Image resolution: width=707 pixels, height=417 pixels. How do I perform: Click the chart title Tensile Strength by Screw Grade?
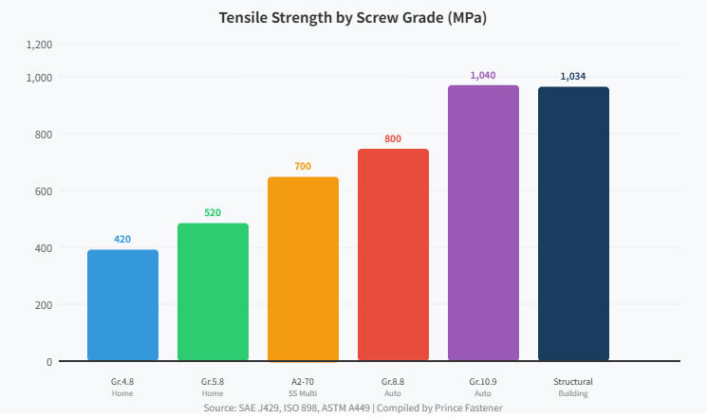click(x=353, y=18)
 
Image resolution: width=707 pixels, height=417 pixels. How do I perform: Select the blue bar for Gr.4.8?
click(x=122, y=305)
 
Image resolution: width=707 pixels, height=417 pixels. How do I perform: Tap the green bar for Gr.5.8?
click(x=213, y=292)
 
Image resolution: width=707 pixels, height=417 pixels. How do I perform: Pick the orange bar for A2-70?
click(x=303, y=269)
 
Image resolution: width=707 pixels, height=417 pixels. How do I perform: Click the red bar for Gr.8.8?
click(x=393, y=255)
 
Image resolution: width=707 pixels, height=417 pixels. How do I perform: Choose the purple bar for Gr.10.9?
click(x=483, y=223)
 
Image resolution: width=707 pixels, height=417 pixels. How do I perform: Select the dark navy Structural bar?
click(x=573, y=224)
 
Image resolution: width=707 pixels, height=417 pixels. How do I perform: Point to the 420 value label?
click(x=122, y=239)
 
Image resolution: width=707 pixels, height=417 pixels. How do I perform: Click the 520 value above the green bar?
click(x=213, y=212)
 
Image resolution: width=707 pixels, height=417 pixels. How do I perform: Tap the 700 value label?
click(x=303, y=166)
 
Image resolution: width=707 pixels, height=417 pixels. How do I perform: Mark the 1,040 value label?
click(x=483, y=75)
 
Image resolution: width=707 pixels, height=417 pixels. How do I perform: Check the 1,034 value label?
click(x=573, y=76)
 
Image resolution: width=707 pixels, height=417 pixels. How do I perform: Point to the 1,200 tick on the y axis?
click(x=39, y=45)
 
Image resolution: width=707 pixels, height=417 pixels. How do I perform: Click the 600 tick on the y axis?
click(x=43, y=191)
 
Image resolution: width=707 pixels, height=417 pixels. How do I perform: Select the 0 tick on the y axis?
click(x=48, y=362)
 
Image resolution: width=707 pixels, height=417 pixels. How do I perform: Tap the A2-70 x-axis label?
click(x=303, y=382)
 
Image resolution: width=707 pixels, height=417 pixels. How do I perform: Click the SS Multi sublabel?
click(x=303, y=393)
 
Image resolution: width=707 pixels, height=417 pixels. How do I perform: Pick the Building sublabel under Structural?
click(x=573, y=393)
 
